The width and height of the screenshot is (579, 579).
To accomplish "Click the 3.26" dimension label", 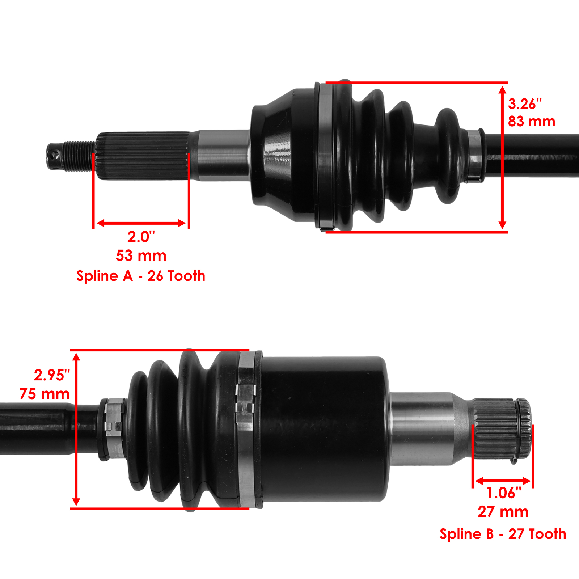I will click(x=525, y=104).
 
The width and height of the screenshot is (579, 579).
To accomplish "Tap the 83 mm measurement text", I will click(x=531, y=122).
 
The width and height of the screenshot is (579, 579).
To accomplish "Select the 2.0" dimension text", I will click(x=141, y=237).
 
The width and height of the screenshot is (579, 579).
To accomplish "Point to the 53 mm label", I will click(x=141, y=256).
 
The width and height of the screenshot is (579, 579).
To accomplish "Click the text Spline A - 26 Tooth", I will click(x=141, y=276).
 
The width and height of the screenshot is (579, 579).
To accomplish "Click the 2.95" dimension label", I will click(x=52, y=375).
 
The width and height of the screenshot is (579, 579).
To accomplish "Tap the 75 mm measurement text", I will click(x=45, y=394).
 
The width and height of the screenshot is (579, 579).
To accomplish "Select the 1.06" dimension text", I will click(x=503, y=493).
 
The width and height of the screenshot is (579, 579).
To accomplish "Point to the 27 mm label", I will click(x=503, y=512).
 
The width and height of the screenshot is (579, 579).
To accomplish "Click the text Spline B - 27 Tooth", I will click(x=503, y=534).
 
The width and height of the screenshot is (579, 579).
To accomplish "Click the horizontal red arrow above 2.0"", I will click(x=141, y=223).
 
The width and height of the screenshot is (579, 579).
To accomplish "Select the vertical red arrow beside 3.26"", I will click(x=502, y=157).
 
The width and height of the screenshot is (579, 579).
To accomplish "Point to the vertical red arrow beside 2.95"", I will click(x=76, y=429).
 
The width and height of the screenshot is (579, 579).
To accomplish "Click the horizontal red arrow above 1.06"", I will click(x=503, y=481).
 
